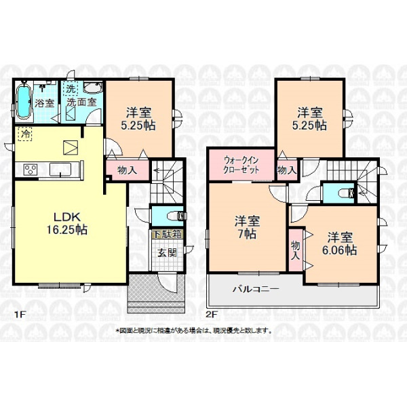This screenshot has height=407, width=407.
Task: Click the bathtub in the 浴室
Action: pos(24,102)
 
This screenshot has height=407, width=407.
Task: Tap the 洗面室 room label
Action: pos(81,102)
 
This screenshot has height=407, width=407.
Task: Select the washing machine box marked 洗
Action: pos(70,89)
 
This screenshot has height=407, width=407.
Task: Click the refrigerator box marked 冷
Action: pos(25,134)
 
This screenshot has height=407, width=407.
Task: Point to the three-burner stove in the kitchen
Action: pos(31,170)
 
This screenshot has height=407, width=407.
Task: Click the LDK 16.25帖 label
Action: pos(67,223)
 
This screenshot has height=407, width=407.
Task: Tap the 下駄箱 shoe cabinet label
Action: pos(168,235)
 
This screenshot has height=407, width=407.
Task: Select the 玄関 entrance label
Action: pos(168,252)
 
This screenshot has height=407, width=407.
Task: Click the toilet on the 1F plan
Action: pos(177,216)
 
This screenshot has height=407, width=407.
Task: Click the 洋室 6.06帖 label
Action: pos(340,244)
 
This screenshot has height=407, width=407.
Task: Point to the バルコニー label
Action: pos(256,289)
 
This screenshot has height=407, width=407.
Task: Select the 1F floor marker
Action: pos(20,314)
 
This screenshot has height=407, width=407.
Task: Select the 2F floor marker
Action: pos(212,314)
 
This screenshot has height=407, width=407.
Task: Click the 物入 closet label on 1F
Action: pos(128,170)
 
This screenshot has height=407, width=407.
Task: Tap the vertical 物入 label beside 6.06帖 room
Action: pos(296,250)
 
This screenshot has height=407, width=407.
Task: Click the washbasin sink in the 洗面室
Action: pos(93,88)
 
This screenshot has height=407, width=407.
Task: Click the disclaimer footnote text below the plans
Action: pos(193,331)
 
